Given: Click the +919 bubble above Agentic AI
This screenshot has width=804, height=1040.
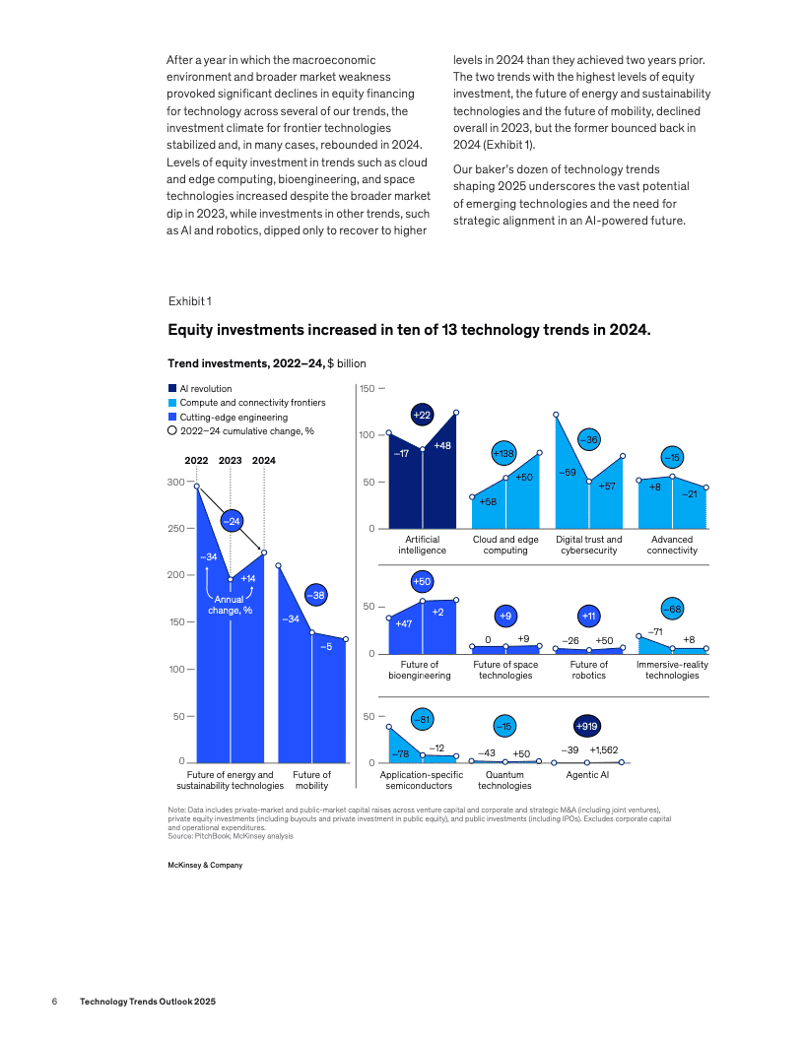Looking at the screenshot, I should [x=587, y=726].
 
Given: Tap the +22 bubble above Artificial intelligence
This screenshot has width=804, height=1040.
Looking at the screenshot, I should [x=422, y=416].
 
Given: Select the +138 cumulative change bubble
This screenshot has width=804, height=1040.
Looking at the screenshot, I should [x=504, y=453].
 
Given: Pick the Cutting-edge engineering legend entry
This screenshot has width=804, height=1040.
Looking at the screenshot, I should [x=226, y=417].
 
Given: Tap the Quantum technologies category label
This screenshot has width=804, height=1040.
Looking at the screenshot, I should [x=504, y=780].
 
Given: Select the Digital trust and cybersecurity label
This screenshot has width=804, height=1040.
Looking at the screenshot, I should [x=588, y=545].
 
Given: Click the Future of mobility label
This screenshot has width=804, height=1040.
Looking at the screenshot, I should [x=311, y=780].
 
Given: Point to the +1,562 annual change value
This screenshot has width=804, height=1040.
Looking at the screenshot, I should [x=603, y=750].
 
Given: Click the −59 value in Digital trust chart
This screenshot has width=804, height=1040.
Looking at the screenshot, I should [x=568, y=473].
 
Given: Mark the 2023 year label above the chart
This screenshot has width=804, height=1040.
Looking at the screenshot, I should [x=230, y=460].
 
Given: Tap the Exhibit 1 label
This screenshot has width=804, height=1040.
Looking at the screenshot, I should [x=190, y=300].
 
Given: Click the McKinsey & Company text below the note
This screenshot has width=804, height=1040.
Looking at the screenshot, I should [x=205, y=865].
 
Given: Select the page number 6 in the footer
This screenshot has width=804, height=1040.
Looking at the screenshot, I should [x=55, y=1001].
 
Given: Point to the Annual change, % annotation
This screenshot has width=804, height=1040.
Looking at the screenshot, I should [x=230, y=604].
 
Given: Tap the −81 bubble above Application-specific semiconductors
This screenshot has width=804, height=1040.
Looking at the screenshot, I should [x=422, y=720].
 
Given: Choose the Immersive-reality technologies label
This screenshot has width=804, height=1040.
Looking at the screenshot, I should [x=672, y=670].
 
